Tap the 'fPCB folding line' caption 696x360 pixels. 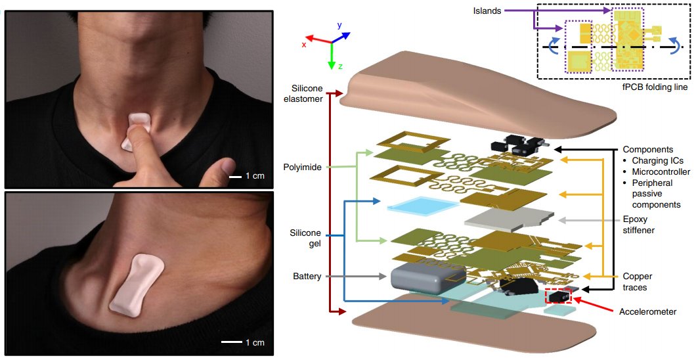(x=653, y=87)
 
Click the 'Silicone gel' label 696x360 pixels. (x=305, y=238)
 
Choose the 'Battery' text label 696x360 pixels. (x=307, y=277)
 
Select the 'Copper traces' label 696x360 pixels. (x=637, y=282)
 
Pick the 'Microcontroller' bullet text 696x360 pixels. (x=659, y=171)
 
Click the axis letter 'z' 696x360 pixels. (x=340, y=66)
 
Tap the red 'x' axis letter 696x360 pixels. (x=305, y=45)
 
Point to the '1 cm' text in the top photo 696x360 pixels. (x=255, y=176)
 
